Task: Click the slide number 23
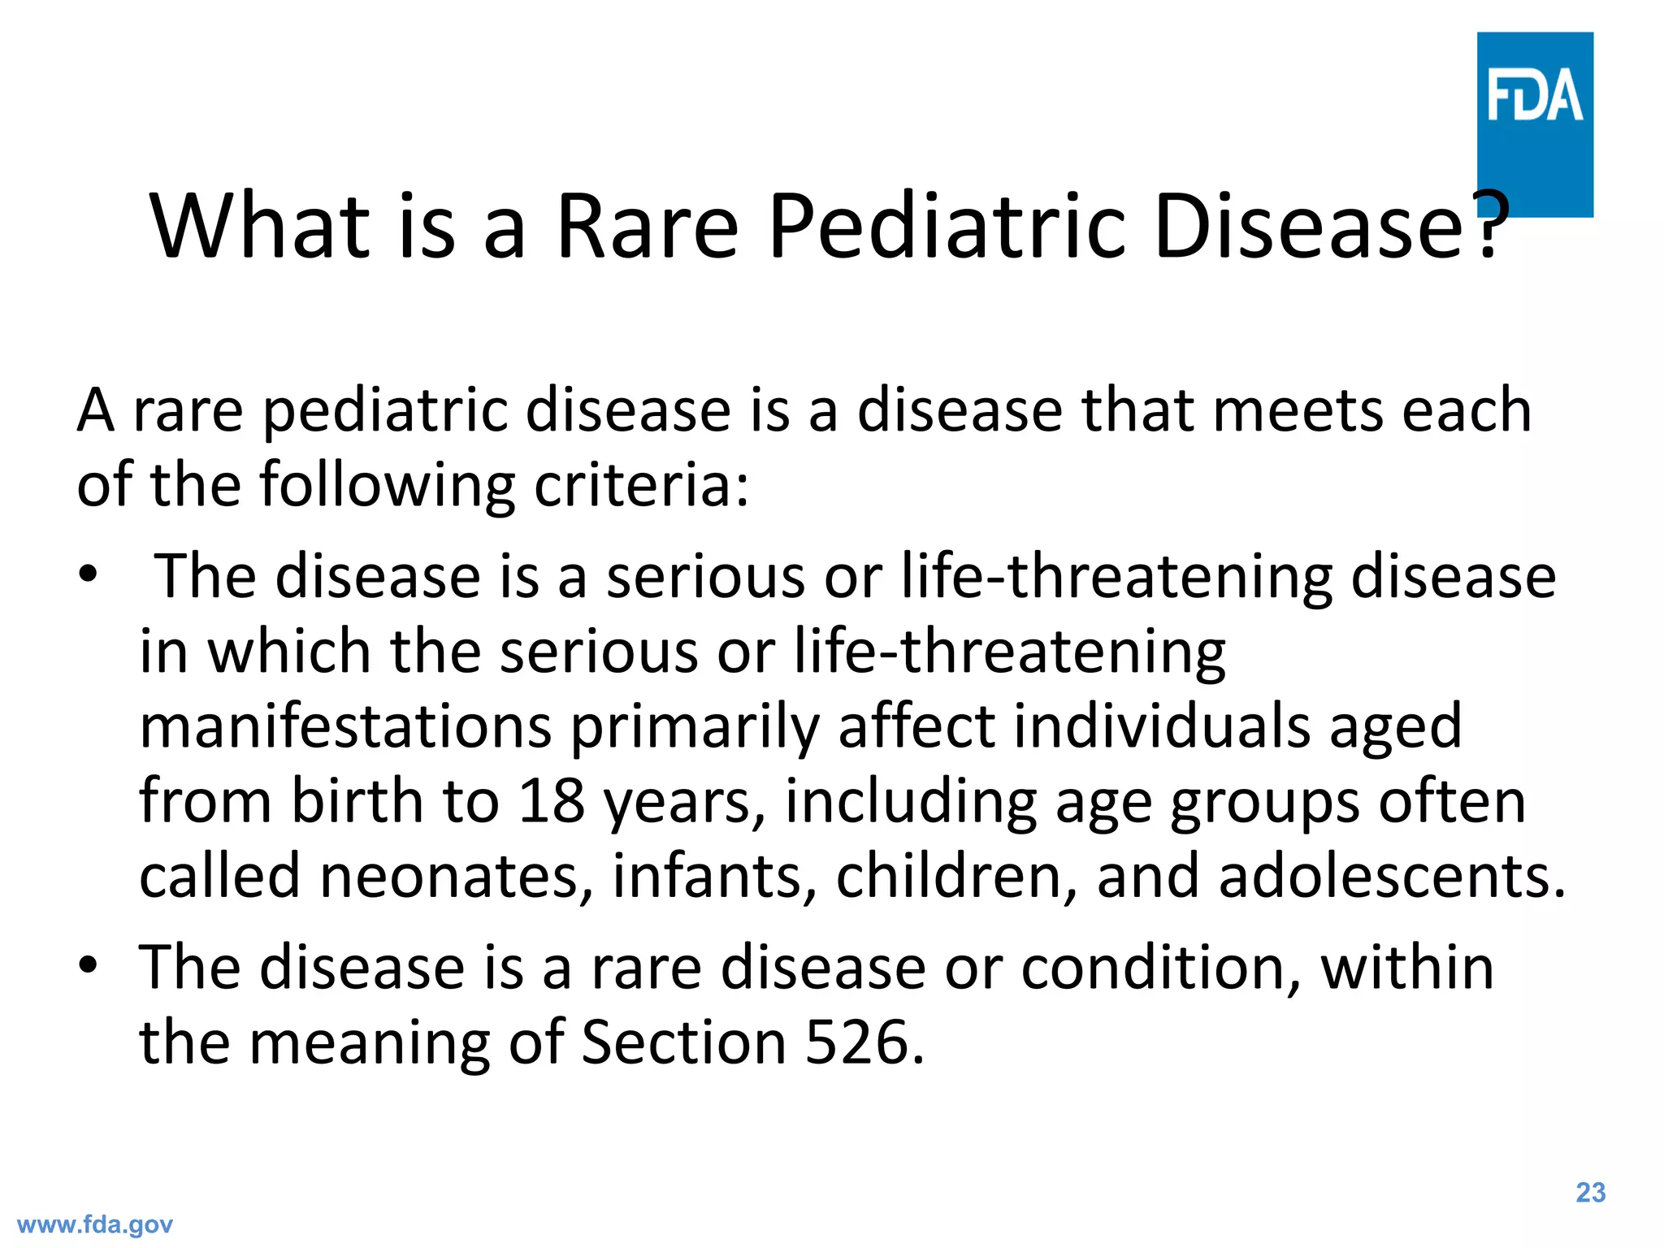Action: click(1590, 1193)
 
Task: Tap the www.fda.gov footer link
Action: click(94, 1224)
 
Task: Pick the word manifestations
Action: click(345, 727)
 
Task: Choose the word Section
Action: click(682, 1042)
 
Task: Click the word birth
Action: click(357, 801)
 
